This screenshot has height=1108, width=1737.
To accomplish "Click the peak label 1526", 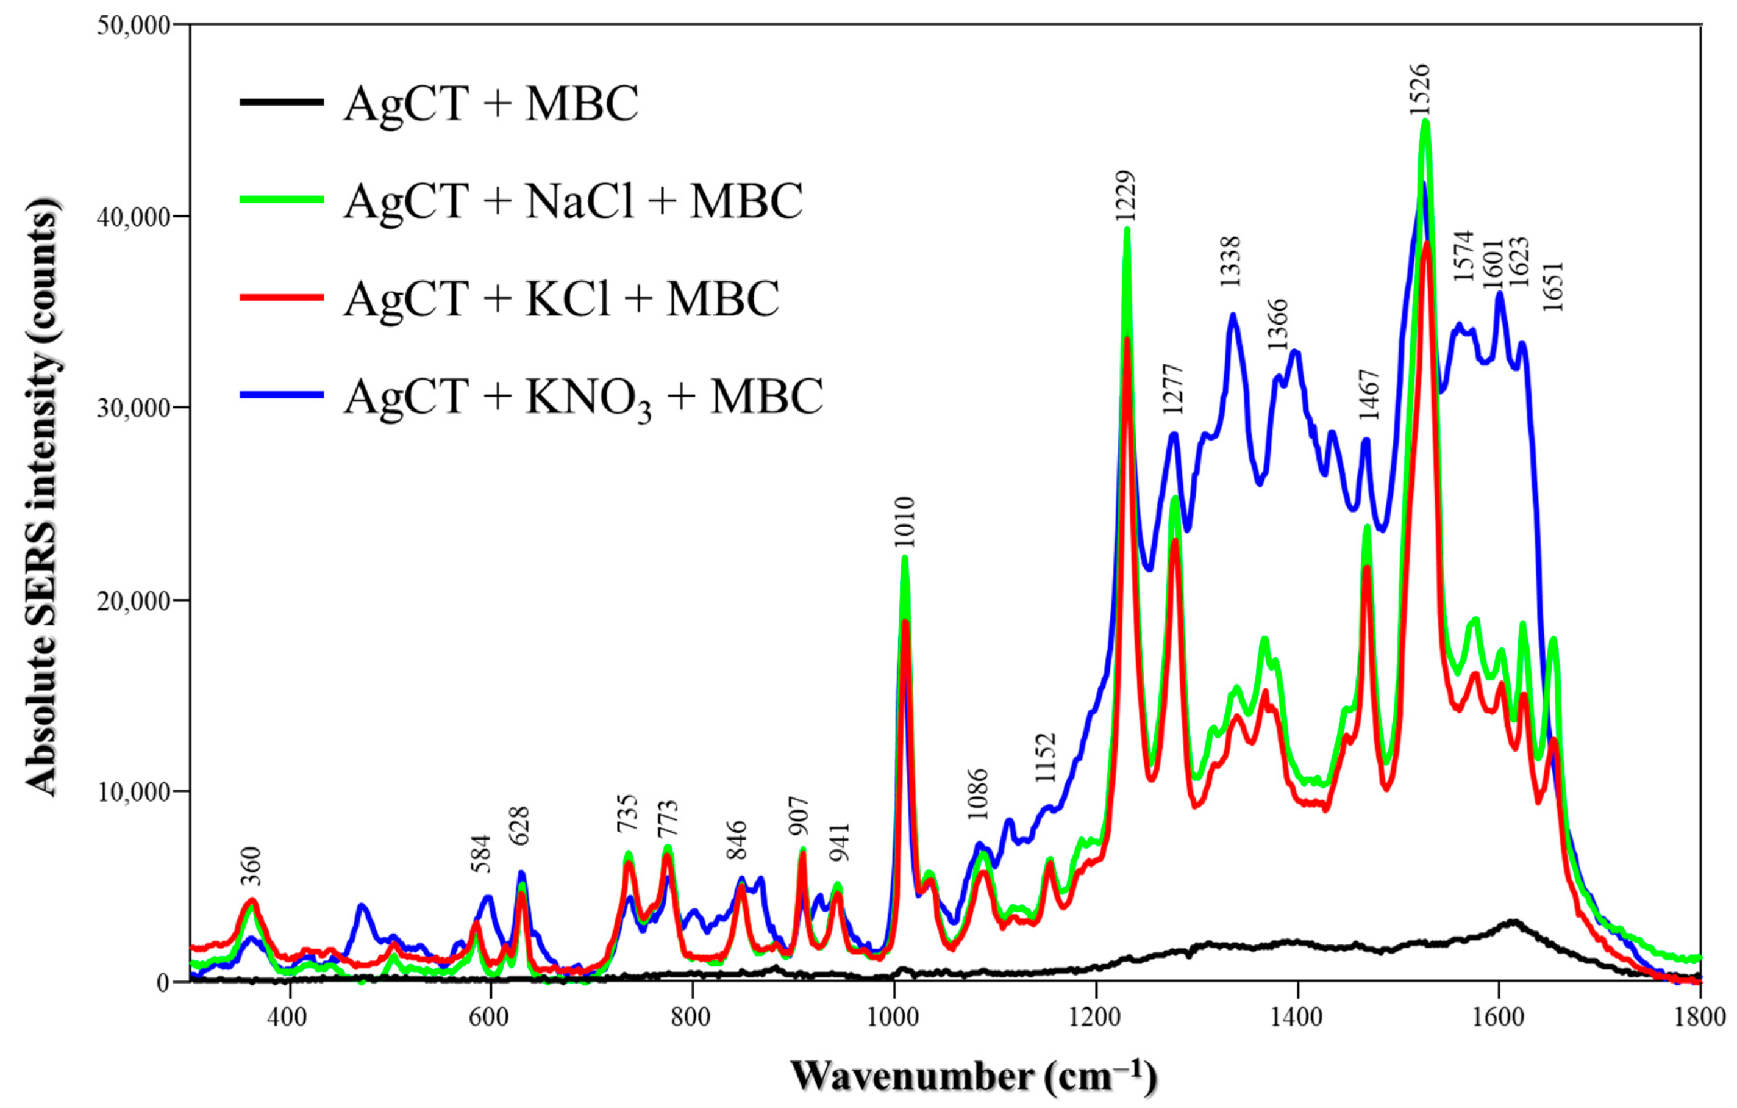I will [1419, 90].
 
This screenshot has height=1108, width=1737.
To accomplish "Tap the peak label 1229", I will [1125, 196].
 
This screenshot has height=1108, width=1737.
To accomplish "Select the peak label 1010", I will [905, 523].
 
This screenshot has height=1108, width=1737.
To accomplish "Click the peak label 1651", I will [1552, 287].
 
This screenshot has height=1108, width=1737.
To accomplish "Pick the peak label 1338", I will [1230, 261].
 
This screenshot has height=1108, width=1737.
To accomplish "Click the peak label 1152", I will [1045, 758].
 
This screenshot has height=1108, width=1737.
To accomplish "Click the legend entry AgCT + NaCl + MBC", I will [572, 201].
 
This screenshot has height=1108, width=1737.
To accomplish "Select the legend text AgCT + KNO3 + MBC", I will [583, 397].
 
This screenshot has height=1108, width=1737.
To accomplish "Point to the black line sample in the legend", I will [281, 103].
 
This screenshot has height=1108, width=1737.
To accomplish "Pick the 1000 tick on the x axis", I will [894, 1017].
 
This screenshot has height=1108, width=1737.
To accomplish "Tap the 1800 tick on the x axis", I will [1700, 1017].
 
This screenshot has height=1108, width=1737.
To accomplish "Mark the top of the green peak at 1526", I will [1425, 121].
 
